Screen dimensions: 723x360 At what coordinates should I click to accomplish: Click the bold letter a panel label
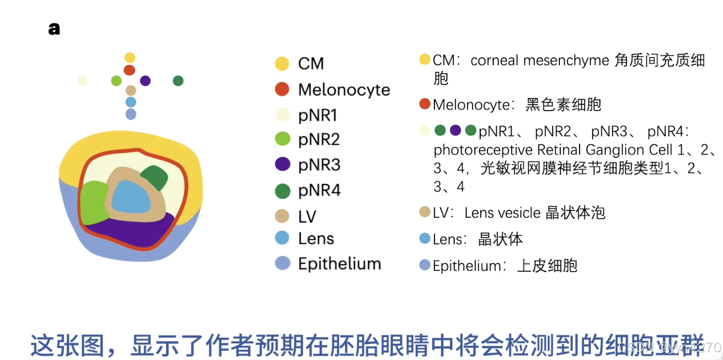pos(54,29)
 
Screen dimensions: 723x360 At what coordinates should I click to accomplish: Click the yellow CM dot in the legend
pos(282,64)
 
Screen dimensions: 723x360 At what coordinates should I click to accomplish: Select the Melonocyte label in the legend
pos(344,90)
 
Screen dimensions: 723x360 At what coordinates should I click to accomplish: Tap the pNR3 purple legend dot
pos(282,165)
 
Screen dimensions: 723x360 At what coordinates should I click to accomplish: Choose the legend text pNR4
pos(319,191)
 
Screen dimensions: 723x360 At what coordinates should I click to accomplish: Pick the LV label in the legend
pos(307,217)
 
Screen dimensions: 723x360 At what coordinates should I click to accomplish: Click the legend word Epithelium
pos(339,263)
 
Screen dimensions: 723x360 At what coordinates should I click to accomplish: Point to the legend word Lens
pos(316,238)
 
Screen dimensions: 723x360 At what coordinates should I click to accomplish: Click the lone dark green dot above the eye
pos(178,81)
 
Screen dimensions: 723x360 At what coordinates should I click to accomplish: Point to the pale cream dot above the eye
pos(83,81)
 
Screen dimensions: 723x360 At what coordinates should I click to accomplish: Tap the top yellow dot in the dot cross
pos(130,58)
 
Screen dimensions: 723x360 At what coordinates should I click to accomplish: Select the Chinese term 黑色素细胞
pos(563,105)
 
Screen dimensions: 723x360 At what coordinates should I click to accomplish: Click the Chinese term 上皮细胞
pos(547,266)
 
